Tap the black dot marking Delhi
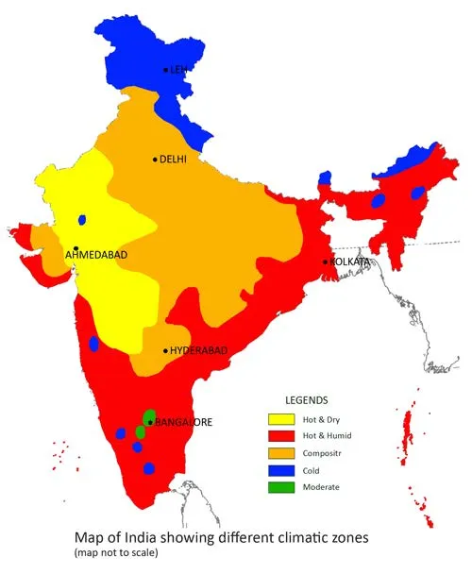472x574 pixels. click(155, 160)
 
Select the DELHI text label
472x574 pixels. click(174, 160)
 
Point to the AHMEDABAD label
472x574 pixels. click(95, 255)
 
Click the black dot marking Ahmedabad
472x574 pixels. click(76, 248)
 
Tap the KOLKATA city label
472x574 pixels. click(348, 262)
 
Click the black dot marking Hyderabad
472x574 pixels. click(166, 351)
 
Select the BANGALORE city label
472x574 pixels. click(182, 422)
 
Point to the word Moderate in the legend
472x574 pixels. click(322, 487)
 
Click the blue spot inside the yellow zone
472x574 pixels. click(83, 220)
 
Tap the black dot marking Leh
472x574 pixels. click(166, 70)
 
